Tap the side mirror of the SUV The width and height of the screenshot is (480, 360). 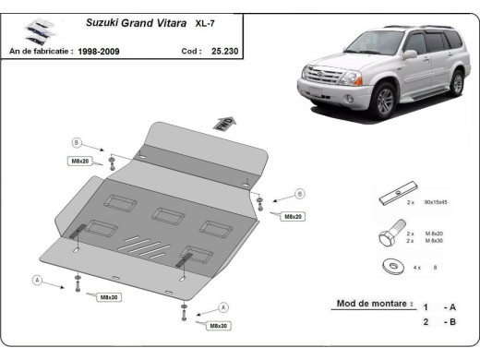tap(410, 55)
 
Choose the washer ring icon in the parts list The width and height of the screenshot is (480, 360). tap(387, 268)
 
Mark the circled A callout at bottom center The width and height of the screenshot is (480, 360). tap(223, 307)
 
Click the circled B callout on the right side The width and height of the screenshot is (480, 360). tap(300, 195)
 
